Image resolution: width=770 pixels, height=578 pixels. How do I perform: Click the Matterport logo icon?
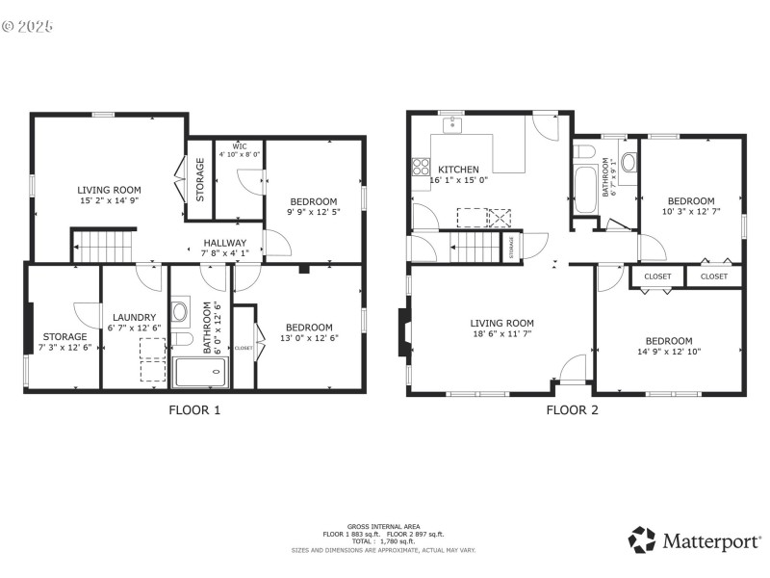pyautogui.click(x=642, y=539)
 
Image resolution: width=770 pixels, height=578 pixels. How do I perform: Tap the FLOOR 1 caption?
pyautogui.click(x=194, y=409)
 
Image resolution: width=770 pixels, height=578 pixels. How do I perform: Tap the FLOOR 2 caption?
pyautogui.click(x=572, y=409)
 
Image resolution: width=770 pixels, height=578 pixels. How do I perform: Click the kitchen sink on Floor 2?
pyautogui.click(x=450, y=124)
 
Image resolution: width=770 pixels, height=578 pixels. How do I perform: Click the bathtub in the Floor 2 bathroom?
pyautogui.click(x=584, y=191)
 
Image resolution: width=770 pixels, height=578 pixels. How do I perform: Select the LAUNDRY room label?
pyautogui.click(x=134, y=317)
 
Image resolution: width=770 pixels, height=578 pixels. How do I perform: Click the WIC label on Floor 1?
pyautogui.click(x=239, y=146)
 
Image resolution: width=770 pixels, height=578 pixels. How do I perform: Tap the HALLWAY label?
pyautogui.click(x=224, y=243)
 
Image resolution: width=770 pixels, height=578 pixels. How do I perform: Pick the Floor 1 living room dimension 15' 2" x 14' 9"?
pyautogui.click(x=109, y=201)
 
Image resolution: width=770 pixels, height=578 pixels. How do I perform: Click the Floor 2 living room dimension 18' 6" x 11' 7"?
pyautogui.click(x=501, y=335)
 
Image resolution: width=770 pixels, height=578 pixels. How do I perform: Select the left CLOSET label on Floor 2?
pyautogui.click(x=657, y=276)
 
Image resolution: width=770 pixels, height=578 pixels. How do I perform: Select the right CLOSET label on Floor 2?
pyautogui.click(x=714, y=276)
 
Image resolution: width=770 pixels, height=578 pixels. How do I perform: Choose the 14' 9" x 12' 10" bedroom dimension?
pyautogui.click(x=668, y=353)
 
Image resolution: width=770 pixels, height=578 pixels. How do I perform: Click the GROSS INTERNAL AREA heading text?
pyautogui.click(x=383, y=527)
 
